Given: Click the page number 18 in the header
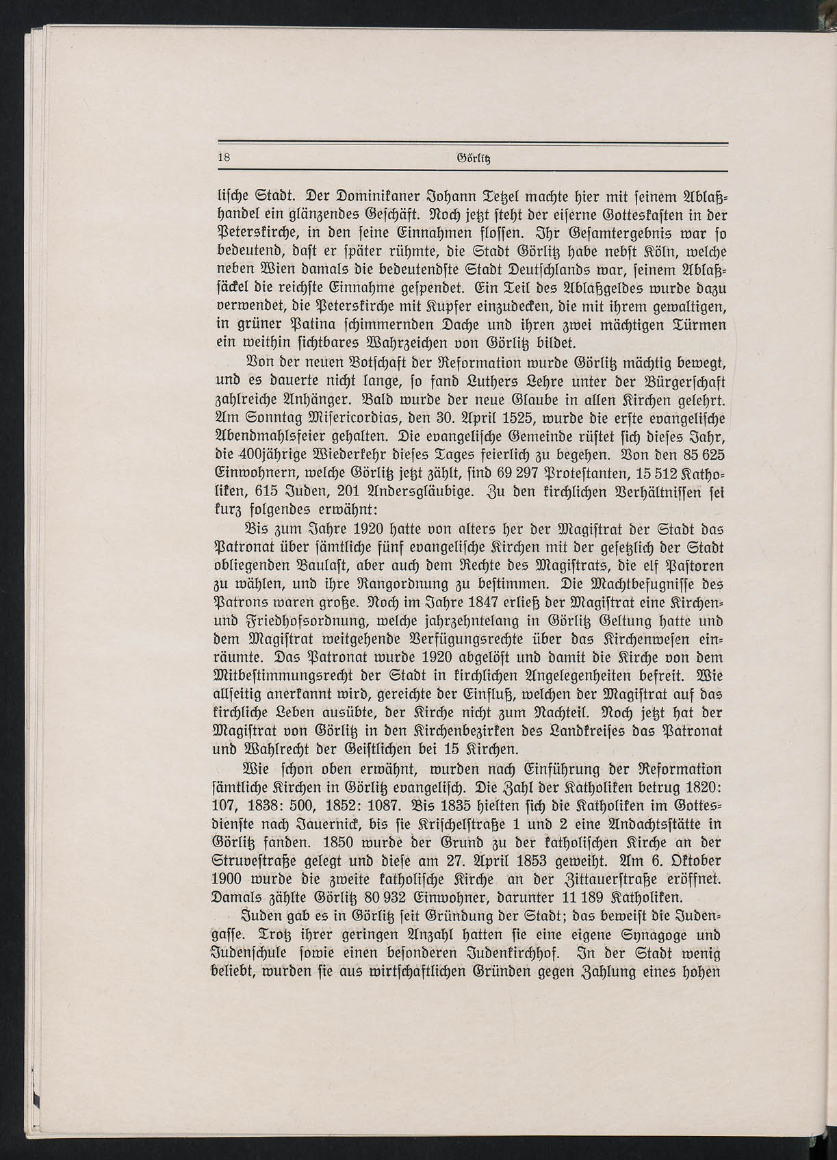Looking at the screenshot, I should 223,157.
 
